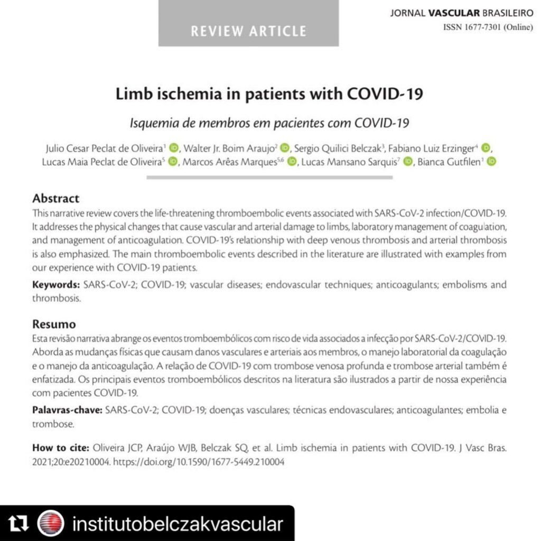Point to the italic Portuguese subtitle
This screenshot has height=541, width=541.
pos(270,123)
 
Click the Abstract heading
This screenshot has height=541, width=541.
pos(55,199)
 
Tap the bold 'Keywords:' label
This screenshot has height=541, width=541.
pos(56,285)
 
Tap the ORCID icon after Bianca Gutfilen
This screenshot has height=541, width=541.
pos(491,162)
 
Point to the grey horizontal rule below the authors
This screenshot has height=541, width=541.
pos(270,178)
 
